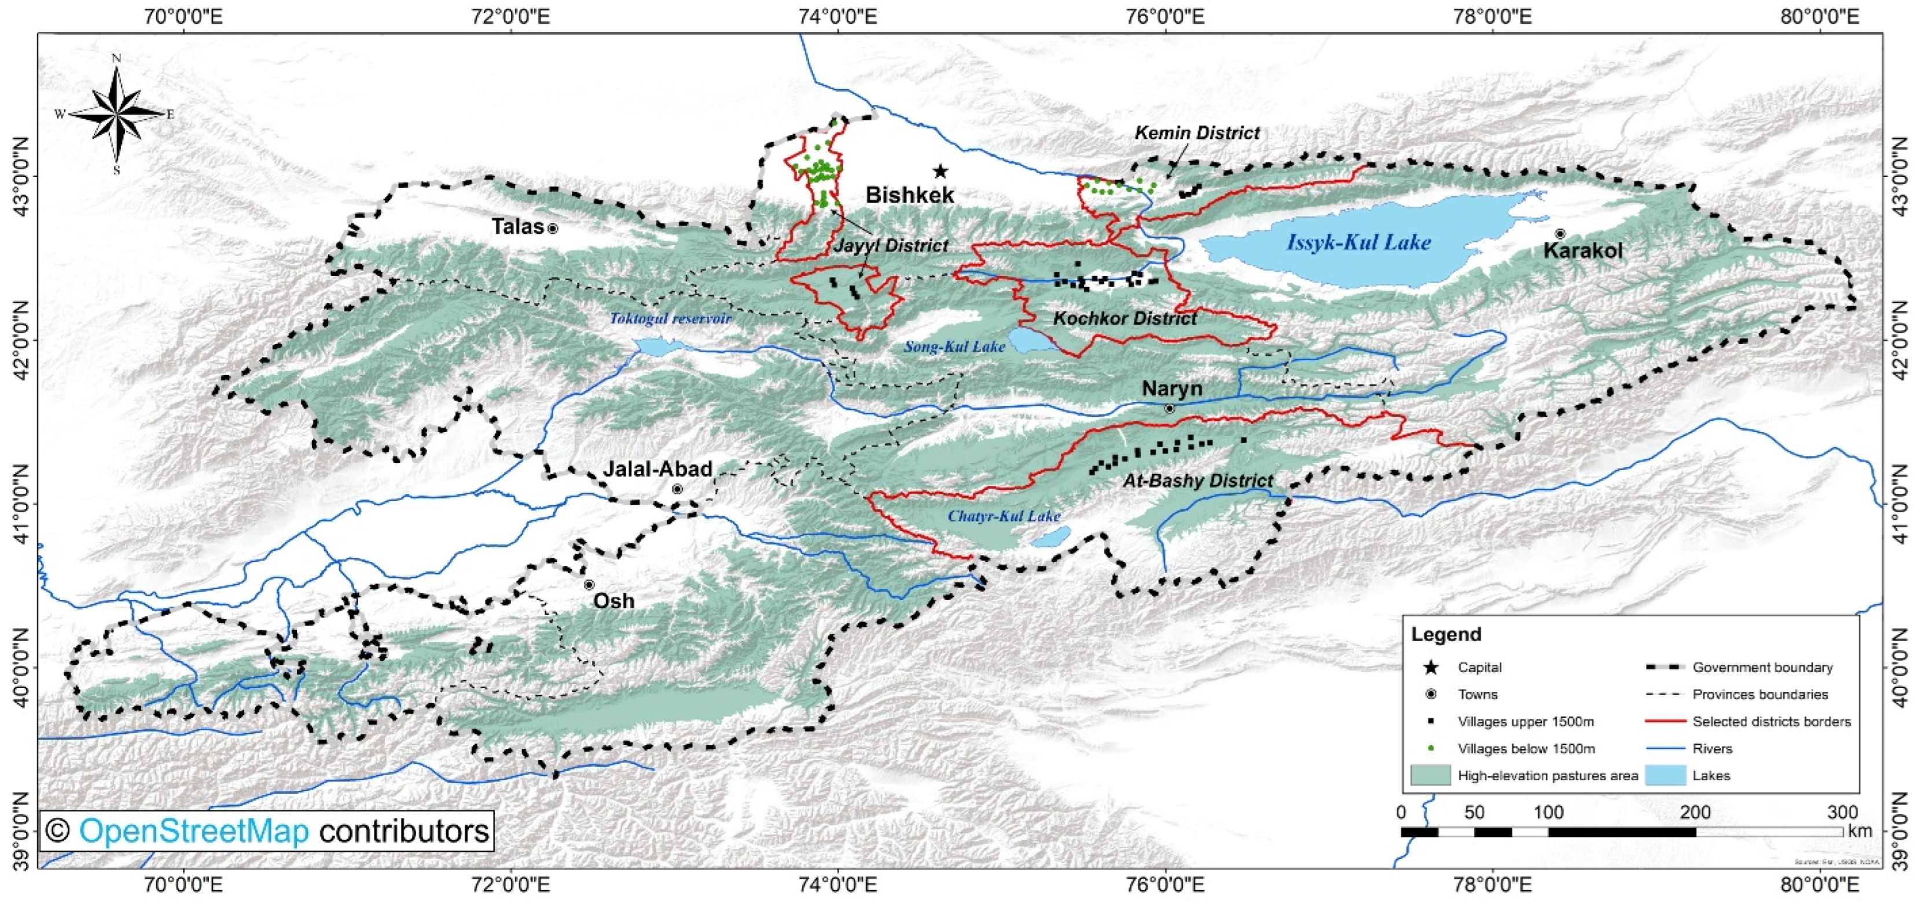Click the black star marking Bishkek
click(940, 171)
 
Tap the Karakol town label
click(1582, 250)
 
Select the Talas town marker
click(553, 228)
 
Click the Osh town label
click(613, 601)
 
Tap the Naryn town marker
click(1169, 409)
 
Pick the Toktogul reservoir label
click(670, 318)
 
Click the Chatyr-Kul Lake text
click(1004, 516)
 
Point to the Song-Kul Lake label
click(954, 346)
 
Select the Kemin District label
click(1197, 133)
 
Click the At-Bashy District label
click(1197, 481)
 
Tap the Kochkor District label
click(1124, 318)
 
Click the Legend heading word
click(1445, 634)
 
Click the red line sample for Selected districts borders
click(1666, 722)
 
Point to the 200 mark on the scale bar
click(1695, 812)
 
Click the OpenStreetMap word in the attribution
click(193, 831)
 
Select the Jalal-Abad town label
click(657, 469)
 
